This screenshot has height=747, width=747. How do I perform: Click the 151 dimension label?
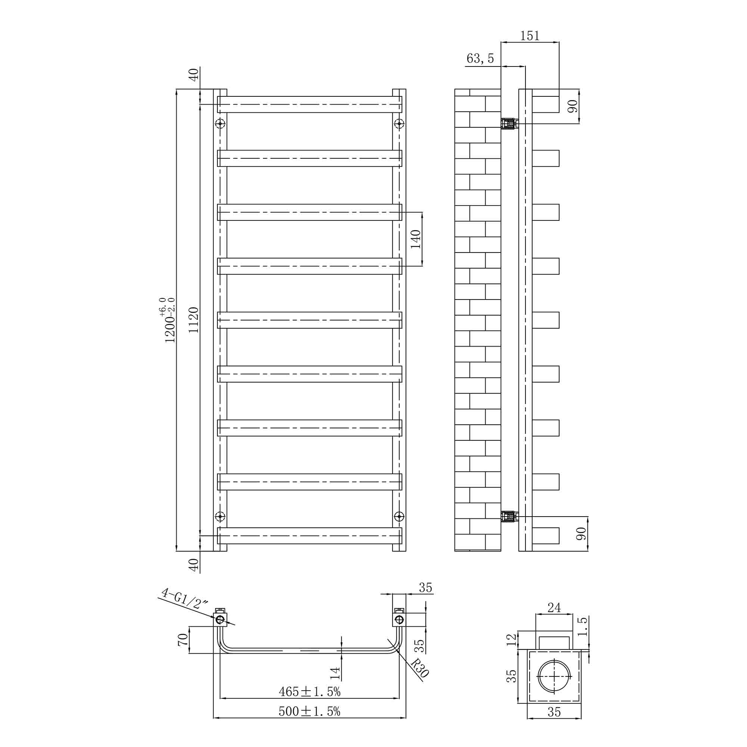(529, 35)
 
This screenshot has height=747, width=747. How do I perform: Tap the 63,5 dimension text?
(480, 58)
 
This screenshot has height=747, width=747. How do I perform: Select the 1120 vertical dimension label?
(193, 320)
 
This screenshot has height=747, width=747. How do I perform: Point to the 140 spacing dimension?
(415, 239)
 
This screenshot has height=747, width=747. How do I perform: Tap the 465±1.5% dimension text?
(309, 692)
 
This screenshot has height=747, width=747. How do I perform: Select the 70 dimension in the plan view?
(183, 639)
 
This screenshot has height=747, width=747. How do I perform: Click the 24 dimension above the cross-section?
(554, 608)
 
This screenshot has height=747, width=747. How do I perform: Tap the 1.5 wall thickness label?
(583, 626)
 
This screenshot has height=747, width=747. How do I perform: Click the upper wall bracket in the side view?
(509, 124)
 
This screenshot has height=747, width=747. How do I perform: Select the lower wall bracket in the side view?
(509, 516)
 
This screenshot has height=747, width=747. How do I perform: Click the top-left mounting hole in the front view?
(220, 124)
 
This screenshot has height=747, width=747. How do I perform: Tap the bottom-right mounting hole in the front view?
(399, 516)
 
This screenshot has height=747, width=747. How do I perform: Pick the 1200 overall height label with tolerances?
(169, 320)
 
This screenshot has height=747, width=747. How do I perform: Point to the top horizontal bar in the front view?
(309, 105)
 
